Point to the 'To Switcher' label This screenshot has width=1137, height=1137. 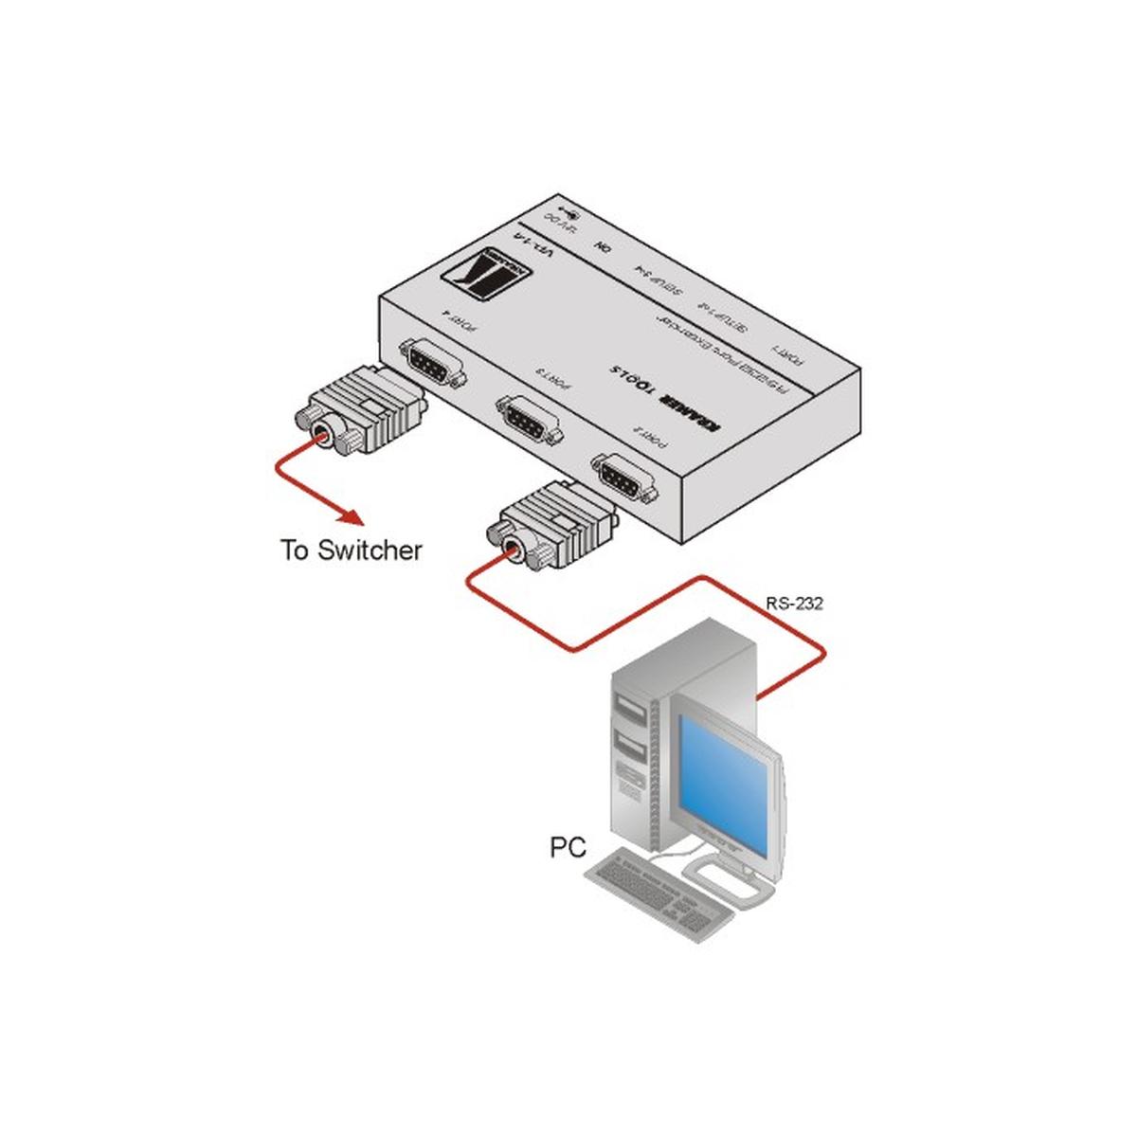tap(351, 550)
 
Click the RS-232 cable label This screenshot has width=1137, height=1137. tap(793, 603)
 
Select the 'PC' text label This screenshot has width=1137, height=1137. tap(568, 846)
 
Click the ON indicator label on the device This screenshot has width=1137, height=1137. tap(600, 247)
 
